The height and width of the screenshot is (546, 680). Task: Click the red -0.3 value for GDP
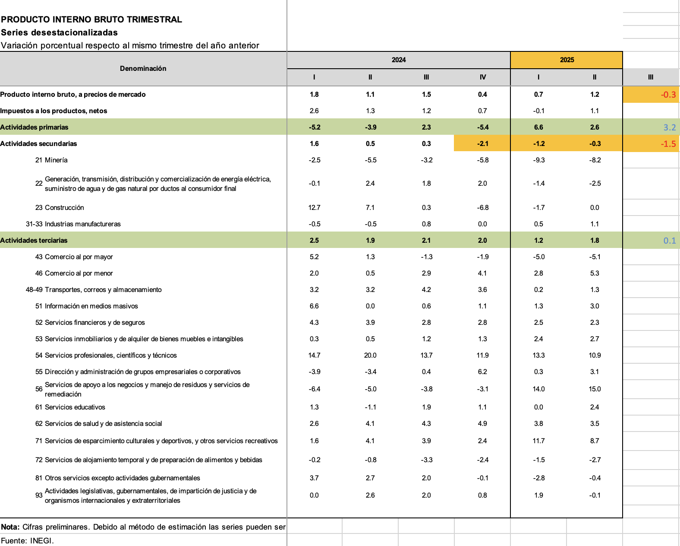pyautogui.click(x=668, y=95)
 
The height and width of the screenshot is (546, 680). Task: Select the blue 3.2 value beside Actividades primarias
pyautogui.click(x=669, y=127)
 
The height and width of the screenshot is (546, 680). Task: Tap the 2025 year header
pyautogui.click(x=567, y=60)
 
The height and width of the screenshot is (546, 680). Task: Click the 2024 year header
pyautogui.click(x=398, y=60)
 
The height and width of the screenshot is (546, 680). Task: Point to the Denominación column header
pyautogui.click(x=143, y=69)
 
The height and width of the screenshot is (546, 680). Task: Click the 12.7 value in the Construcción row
pyautogui.click(x=314, y=208)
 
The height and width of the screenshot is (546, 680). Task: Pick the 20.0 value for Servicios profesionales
pyautogui.click(x=370, y=356)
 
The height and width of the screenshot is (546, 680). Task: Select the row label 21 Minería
pyautogui.click(x=51, y=160)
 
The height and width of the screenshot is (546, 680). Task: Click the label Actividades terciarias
pyautogui.click(x=34, y=241)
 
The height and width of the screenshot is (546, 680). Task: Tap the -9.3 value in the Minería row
pyautogui.click(x=538, y=160)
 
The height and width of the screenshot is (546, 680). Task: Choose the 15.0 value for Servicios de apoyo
pyautogui.click(x=595, y=389)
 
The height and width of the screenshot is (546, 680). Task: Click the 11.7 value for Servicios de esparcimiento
pyautogui.click(x=538, y=441)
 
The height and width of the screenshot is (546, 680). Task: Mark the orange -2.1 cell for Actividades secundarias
pyautogui.click(x=482, y=144)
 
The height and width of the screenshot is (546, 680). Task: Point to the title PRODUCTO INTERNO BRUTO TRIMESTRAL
pyautogui.click(x=91, y=19)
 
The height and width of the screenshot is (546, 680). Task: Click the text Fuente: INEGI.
pyautogui.click(x=27, y=541)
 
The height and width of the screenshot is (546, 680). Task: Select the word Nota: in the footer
pyautogui.click(x=10, y=527)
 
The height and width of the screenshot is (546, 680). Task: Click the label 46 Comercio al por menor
pyautogui.click(x=74, y=273)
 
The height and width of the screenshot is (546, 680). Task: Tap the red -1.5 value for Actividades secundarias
pyautogui.click(x=668, y=144)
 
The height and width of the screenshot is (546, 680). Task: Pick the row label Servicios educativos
pyautogui.click(x=75, y=407)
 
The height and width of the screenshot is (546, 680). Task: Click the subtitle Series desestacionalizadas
pyautogui.click(x=59, y=32)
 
